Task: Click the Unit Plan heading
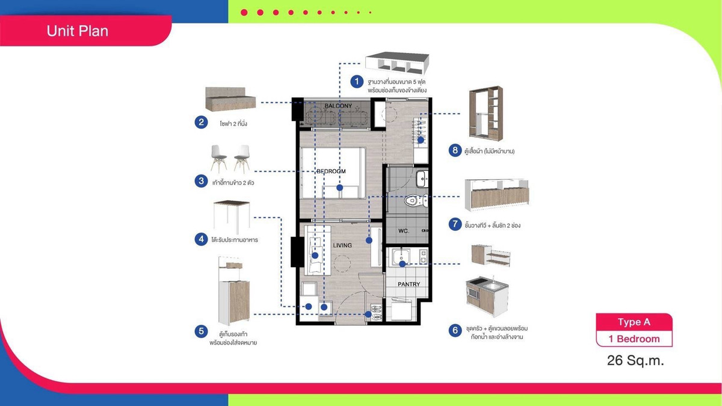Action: (78, 31)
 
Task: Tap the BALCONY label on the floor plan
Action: (338, 106)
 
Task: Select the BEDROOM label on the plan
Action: (331, 171)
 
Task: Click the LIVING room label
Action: (342, 245)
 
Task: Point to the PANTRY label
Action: (409, 284)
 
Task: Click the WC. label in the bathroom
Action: (404, 231)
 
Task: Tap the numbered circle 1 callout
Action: (357, 82)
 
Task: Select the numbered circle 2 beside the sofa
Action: (201, 122)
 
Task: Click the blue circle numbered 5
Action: (201, 331)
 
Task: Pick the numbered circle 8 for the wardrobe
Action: (455, 150)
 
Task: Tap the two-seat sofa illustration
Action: (230, 99)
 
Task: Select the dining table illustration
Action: (232, 217)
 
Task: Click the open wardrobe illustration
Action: (486, 113)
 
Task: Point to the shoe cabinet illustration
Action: (234, 291)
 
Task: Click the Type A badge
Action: (634, 322)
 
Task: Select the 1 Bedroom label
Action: (634, 339)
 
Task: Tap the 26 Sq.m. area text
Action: (635, 360)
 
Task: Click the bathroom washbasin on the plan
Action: (422, 179)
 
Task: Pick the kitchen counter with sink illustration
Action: (487, 296)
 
